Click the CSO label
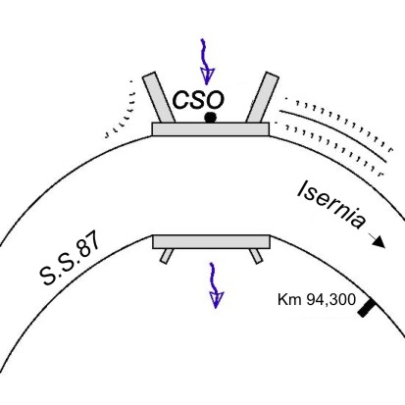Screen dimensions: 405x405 pyautogui.click(x=198, y=100)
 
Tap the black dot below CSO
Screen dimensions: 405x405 pyautogui.click(x=210, y=118)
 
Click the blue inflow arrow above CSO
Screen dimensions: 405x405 pyautogui.click(x=206, y=62)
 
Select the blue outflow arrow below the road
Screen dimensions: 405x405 pyautogui.click(x=215, y=285)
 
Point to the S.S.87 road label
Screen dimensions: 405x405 pyautogui.click(x=70, y=260)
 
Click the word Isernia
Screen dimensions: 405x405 pyautogui.click(x=330, y=205)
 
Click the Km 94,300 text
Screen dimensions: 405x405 pyautogui.click(x=317, y=300)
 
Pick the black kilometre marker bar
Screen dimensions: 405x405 pyautogui.click(x=366, y=307)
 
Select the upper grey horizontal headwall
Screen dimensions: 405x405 pyautogui.click(x=211, y=129)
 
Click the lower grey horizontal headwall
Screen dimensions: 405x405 pyautogui.click(x=211, y=241)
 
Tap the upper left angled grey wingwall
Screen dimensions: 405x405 pyautogui.click(x=159, y=97)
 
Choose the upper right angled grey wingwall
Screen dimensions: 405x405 pyautogui.click(x=263, y=97)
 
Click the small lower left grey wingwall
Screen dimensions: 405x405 pyautogui.click(x=167, y=256)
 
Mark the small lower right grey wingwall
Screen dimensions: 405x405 pyautogui.click(x=256, y=256)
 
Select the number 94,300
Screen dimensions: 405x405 pyautogui.click(x=330, y=300)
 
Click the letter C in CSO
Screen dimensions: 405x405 pyautogui.click(x=180, y=100)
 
